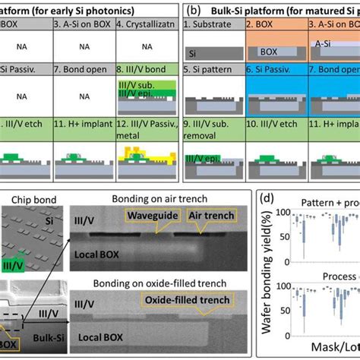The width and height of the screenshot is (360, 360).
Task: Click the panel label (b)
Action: (x=194, y=12)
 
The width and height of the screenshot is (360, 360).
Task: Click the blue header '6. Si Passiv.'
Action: (x=274, y=78)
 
